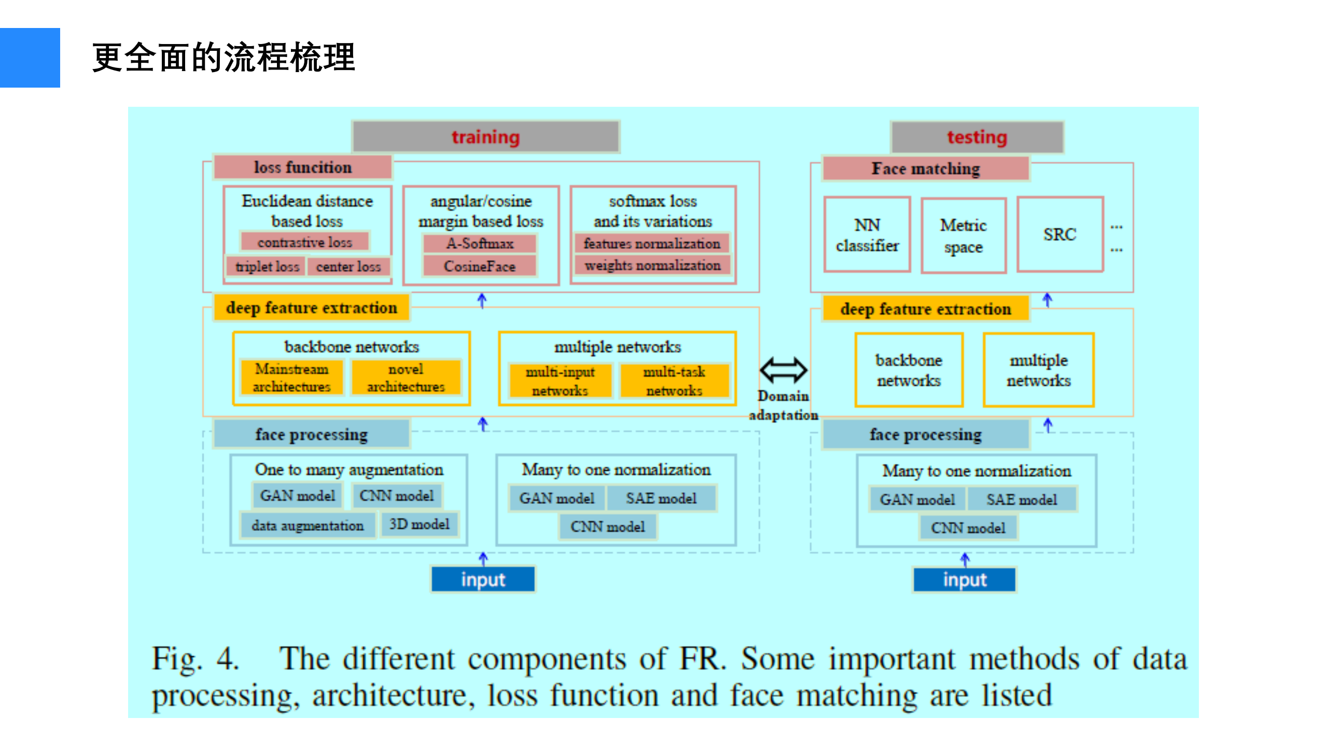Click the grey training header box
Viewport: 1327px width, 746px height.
[485, 137]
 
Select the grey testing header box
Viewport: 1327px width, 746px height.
[977, 137]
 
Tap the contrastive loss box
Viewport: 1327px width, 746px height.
[304, 242]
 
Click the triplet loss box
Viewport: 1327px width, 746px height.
[267, 266]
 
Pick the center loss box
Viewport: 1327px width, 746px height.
[348, 266]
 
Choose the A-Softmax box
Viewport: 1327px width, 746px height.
[480, 243]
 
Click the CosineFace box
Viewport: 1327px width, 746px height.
[480, 266]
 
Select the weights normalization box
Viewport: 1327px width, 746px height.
[652, 265]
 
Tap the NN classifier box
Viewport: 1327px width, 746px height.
[867, 235]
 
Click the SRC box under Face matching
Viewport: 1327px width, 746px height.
[1059, 234]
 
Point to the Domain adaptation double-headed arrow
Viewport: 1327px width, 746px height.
[783, 370]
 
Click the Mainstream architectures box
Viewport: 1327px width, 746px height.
[291, 377]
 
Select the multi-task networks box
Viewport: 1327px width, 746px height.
[674, 381]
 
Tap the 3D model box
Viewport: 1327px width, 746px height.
[419, 524]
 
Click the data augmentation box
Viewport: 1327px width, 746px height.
[308, 526]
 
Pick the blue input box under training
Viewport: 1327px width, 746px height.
[483, 579]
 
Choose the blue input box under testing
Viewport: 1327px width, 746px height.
[965, 579]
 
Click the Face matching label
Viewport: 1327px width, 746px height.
[925, 168]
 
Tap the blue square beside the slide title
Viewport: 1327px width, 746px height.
[30, 58]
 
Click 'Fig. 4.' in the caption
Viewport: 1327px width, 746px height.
[195, 659]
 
